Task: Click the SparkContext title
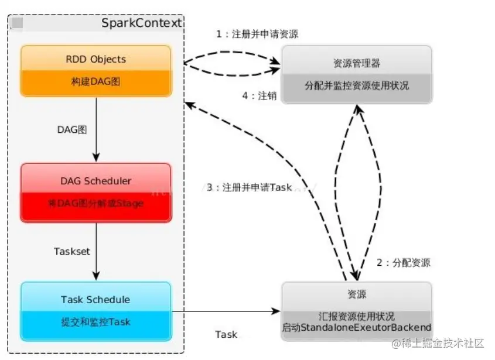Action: (141, 23)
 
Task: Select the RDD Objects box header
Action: (96, 59)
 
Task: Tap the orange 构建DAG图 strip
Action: (96, 82)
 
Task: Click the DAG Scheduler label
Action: (96, 180)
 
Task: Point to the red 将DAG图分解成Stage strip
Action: (96, 204)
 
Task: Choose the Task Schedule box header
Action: (95, 300)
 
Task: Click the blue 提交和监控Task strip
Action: (96, 321)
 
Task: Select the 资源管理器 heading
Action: (357, 63)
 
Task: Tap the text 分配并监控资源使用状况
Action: (357, 85)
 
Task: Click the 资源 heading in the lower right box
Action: (357, 294)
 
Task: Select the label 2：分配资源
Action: (403, 263)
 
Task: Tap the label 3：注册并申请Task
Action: (249, 188)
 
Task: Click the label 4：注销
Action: (259, 95)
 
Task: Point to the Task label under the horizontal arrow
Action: (226, 334)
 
